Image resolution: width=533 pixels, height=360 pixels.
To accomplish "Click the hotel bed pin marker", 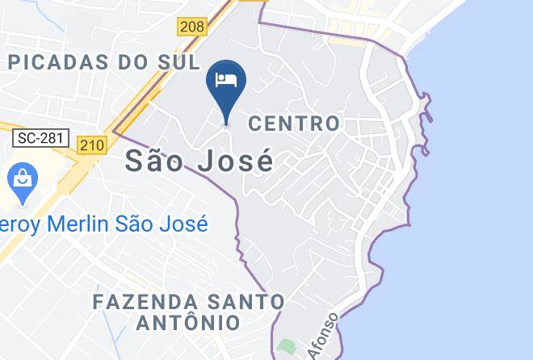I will click(x=226, y=86).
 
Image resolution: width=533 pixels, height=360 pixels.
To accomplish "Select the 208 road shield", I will click(x=192, y=27).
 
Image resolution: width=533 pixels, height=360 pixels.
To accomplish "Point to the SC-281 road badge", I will click(x=41, y=138).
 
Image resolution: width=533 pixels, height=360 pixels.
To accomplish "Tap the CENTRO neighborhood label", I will click(x=294, y=123).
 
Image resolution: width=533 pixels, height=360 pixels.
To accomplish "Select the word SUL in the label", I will click(x=178, y=61).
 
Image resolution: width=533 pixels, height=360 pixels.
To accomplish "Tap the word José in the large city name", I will click(x=233, y=161).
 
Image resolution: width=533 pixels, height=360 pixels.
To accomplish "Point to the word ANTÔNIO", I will click(x=189, y=323).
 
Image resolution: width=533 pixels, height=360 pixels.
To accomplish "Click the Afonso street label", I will click(x=321, y=337).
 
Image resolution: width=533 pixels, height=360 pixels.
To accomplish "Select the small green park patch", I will click(x=284, y=347).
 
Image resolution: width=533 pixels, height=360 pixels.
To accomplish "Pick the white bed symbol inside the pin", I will click(x=226, y=80).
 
